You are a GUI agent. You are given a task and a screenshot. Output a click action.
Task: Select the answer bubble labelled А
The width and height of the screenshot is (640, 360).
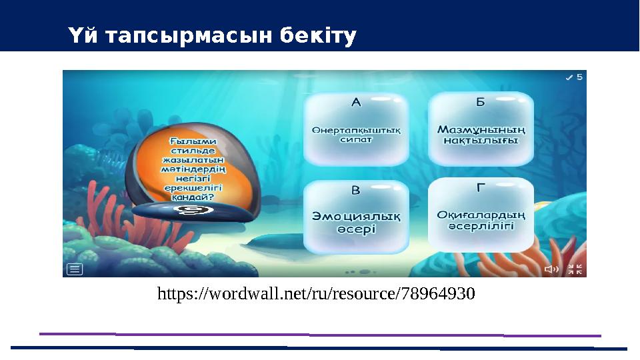pyautogui.click(x=356, y=129)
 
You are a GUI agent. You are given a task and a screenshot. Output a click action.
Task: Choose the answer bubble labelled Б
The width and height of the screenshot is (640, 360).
pyautogui.click(x=480, y=129)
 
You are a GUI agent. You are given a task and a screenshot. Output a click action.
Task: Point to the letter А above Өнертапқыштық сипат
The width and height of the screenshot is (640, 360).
pyautogui.click(x=356, y=103)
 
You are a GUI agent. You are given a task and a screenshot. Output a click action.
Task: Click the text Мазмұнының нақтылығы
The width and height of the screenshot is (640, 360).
pyautogui.click(x=481, y=135)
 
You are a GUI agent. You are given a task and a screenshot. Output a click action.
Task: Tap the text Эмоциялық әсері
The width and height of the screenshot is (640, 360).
pyautogui.click(x=356, y=222)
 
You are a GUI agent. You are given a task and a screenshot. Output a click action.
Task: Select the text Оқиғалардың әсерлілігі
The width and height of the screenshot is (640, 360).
pyautogui.click(x=481, y=220)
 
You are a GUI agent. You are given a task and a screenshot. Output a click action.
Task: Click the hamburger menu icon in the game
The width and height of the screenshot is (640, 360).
pyautogui.click(x=75, y=269)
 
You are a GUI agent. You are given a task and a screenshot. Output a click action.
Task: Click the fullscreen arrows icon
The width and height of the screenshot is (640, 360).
pyautogui.click(x=575, y=269)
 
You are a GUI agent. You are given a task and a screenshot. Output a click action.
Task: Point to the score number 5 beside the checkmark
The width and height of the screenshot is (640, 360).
pyautogui.click(x=579, y=77)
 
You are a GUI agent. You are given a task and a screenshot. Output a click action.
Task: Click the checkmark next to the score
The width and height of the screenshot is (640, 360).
pyautogui.click(x=569, y=77)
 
